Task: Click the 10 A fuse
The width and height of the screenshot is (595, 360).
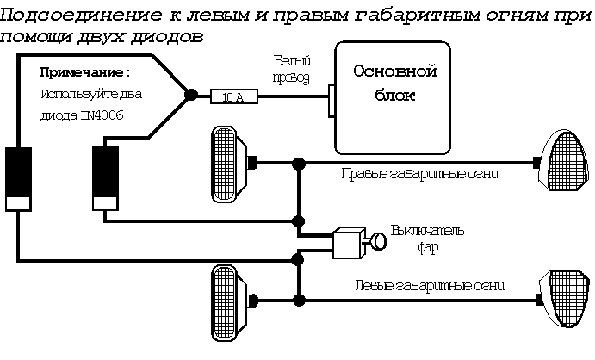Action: click(232, 98)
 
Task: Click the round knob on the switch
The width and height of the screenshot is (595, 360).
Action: click(377, 242)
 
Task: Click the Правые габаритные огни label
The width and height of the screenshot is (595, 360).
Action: click(421, 173)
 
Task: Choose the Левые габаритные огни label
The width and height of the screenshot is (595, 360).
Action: click(429, 285)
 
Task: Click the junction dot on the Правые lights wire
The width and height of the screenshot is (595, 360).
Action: click(298, 162)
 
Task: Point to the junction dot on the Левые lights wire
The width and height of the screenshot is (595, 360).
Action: click(298, 300)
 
